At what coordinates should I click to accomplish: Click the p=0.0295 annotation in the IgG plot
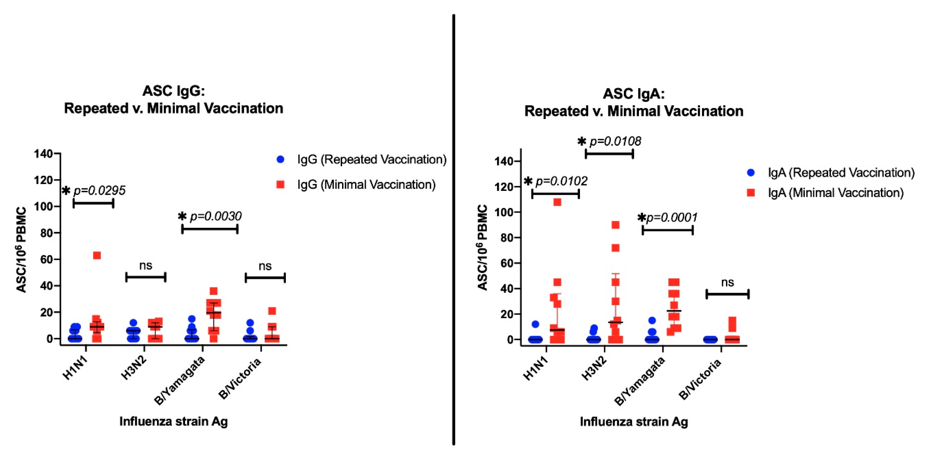99,191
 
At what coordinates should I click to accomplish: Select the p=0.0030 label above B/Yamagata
215,216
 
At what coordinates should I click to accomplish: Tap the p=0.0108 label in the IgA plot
615,141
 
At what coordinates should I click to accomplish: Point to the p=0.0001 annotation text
672,217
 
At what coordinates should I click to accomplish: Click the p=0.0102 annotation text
561,181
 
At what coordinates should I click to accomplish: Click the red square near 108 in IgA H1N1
557,202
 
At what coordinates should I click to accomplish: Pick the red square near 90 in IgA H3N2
616,225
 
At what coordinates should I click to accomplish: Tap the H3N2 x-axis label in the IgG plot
134,369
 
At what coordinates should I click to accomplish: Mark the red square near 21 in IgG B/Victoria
272,311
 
